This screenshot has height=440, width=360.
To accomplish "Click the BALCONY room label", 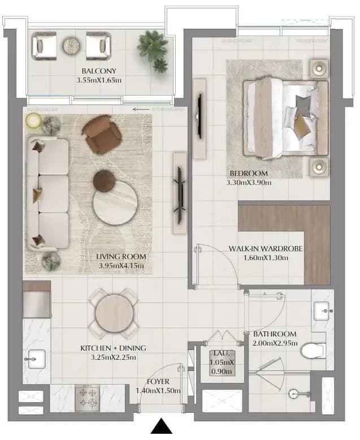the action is [99, 71].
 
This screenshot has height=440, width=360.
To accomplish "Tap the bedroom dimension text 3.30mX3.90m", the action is [249, 183].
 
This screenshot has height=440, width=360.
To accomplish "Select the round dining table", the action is [114, 313].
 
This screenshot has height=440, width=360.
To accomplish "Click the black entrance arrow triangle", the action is [161, 426].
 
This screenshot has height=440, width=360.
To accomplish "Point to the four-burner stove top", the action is [87, 398].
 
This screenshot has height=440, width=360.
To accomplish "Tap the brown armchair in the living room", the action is [102, 134].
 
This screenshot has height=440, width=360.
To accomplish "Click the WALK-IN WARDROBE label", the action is [266, 249].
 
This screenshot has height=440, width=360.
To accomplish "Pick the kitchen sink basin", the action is [37, 359].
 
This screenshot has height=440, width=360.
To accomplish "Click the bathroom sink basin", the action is [322, 311].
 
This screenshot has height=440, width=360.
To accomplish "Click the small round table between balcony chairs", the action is [72, 45].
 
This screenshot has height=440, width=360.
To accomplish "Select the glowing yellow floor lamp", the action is [33, 121].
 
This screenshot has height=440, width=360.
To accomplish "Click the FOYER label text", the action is [158, 382].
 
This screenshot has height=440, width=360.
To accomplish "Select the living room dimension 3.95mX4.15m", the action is [121, 265].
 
